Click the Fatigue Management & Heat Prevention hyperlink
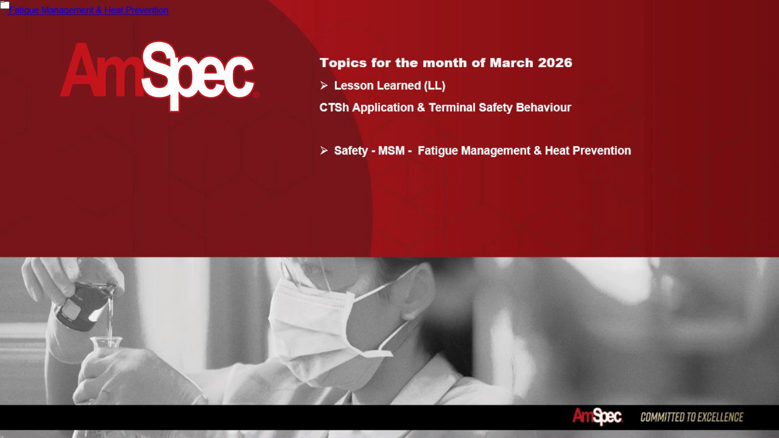(x=88, y=10)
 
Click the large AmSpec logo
(x=159, y=76)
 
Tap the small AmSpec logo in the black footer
(x=597, y=417)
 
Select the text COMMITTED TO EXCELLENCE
(x=692, y=417)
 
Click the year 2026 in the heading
(x=555, y=63)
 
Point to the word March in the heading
(x=511, y=63)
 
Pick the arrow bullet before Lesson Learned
(x=324, y=85)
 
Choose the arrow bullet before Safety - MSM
(x=324, y=150)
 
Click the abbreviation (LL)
(x=435, y=86)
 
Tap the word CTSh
(x=334, y=107)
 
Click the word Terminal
(x=452, y=107)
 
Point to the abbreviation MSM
(x=391, y=150)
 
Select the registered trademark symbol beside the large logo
(x=256, y=95)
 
